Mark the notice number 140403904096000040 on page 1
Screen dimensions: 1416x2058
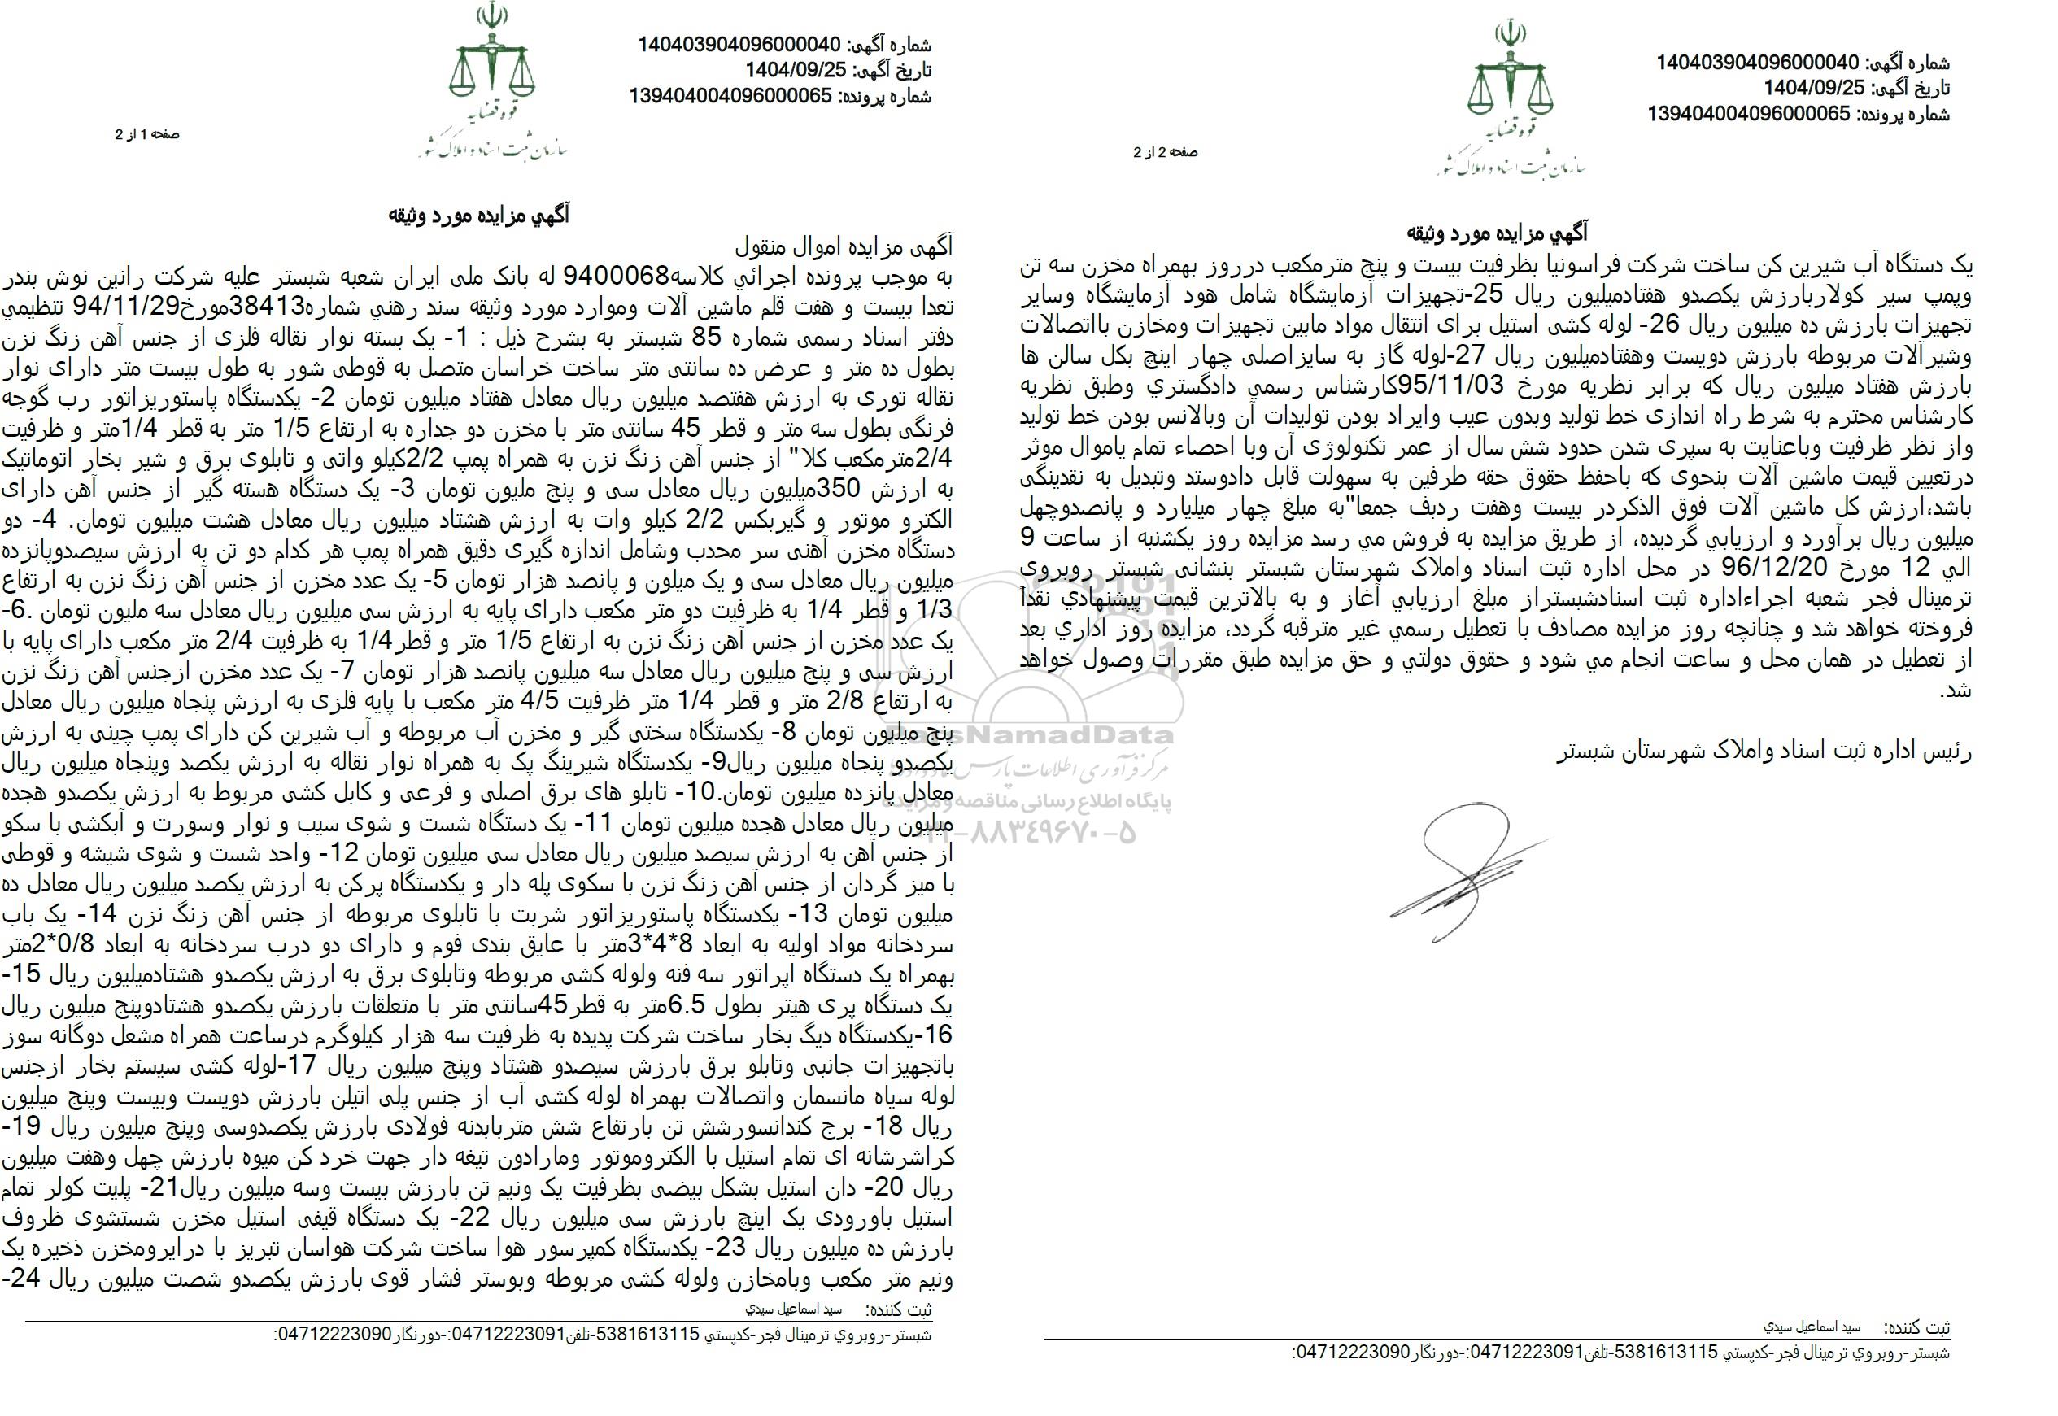(x=739, y=46)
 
